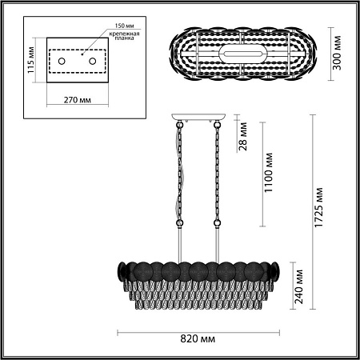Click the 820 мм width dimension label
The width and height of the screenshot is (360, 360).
(198, 339)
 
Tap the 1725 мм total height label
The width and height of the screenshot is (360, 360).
(318, 208)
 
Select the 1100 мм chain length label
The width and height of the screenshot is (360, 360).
(268, 173)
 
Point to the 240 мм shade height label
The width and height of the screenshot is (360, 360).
(298, 286)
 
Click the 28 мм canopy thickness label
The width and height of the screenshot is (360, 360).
(243, 136)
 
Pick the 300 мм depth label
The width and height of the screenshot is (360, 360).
(337, 53)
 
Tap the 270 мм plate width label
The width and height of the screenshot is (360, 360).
(78, 100)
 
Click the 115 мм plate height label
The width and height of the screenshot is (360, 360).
(30, 60)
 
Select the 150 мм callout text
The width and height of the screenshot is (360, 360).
(124, 26)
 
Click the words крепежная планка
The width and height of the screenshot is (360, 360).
(124, 36)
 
